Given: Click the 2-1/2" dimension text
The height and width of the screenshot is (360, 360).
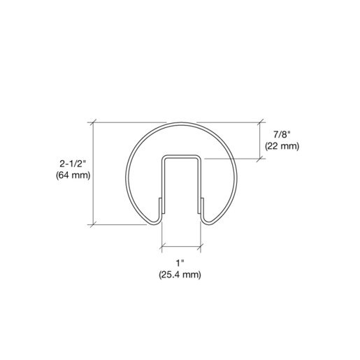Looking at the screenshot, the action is click(x=73, y=164).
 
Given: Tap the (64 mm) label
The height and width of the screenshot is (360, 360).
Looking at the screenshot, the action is click(x=73, y=175).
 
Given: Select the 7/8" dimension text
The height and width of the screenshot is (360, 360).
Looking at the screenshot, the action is click(x=282, y=134).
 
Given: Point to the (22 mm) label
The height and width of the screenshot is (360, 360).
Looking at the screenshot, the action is click(x=282, y=146).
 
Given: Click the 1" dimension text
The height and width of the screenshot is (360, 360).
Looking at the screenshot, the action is click(x=180, y=264).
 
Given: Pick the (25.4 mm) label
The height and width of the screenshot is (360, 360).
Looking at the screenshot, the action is click(x=180, y=275).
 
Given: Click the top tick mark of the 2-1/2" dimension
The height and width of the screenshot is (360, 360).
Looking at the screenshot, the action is click(x=93, y=122).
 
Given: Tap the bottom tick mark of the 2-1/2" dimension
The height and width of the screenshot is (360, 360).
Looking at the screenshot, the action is click(x=93, y=225).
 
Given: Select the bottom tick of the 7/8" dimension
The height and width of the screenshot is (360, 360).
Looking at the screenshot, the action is click(x=259, y=159).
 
